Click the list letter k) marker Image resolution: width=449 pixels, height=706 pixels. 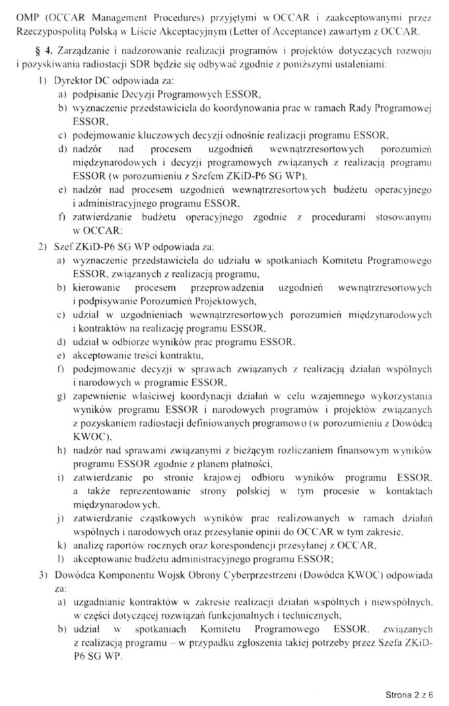pos(61,546)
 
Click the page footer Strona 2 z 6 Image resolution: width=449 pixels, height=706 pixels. pos(408,694)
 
